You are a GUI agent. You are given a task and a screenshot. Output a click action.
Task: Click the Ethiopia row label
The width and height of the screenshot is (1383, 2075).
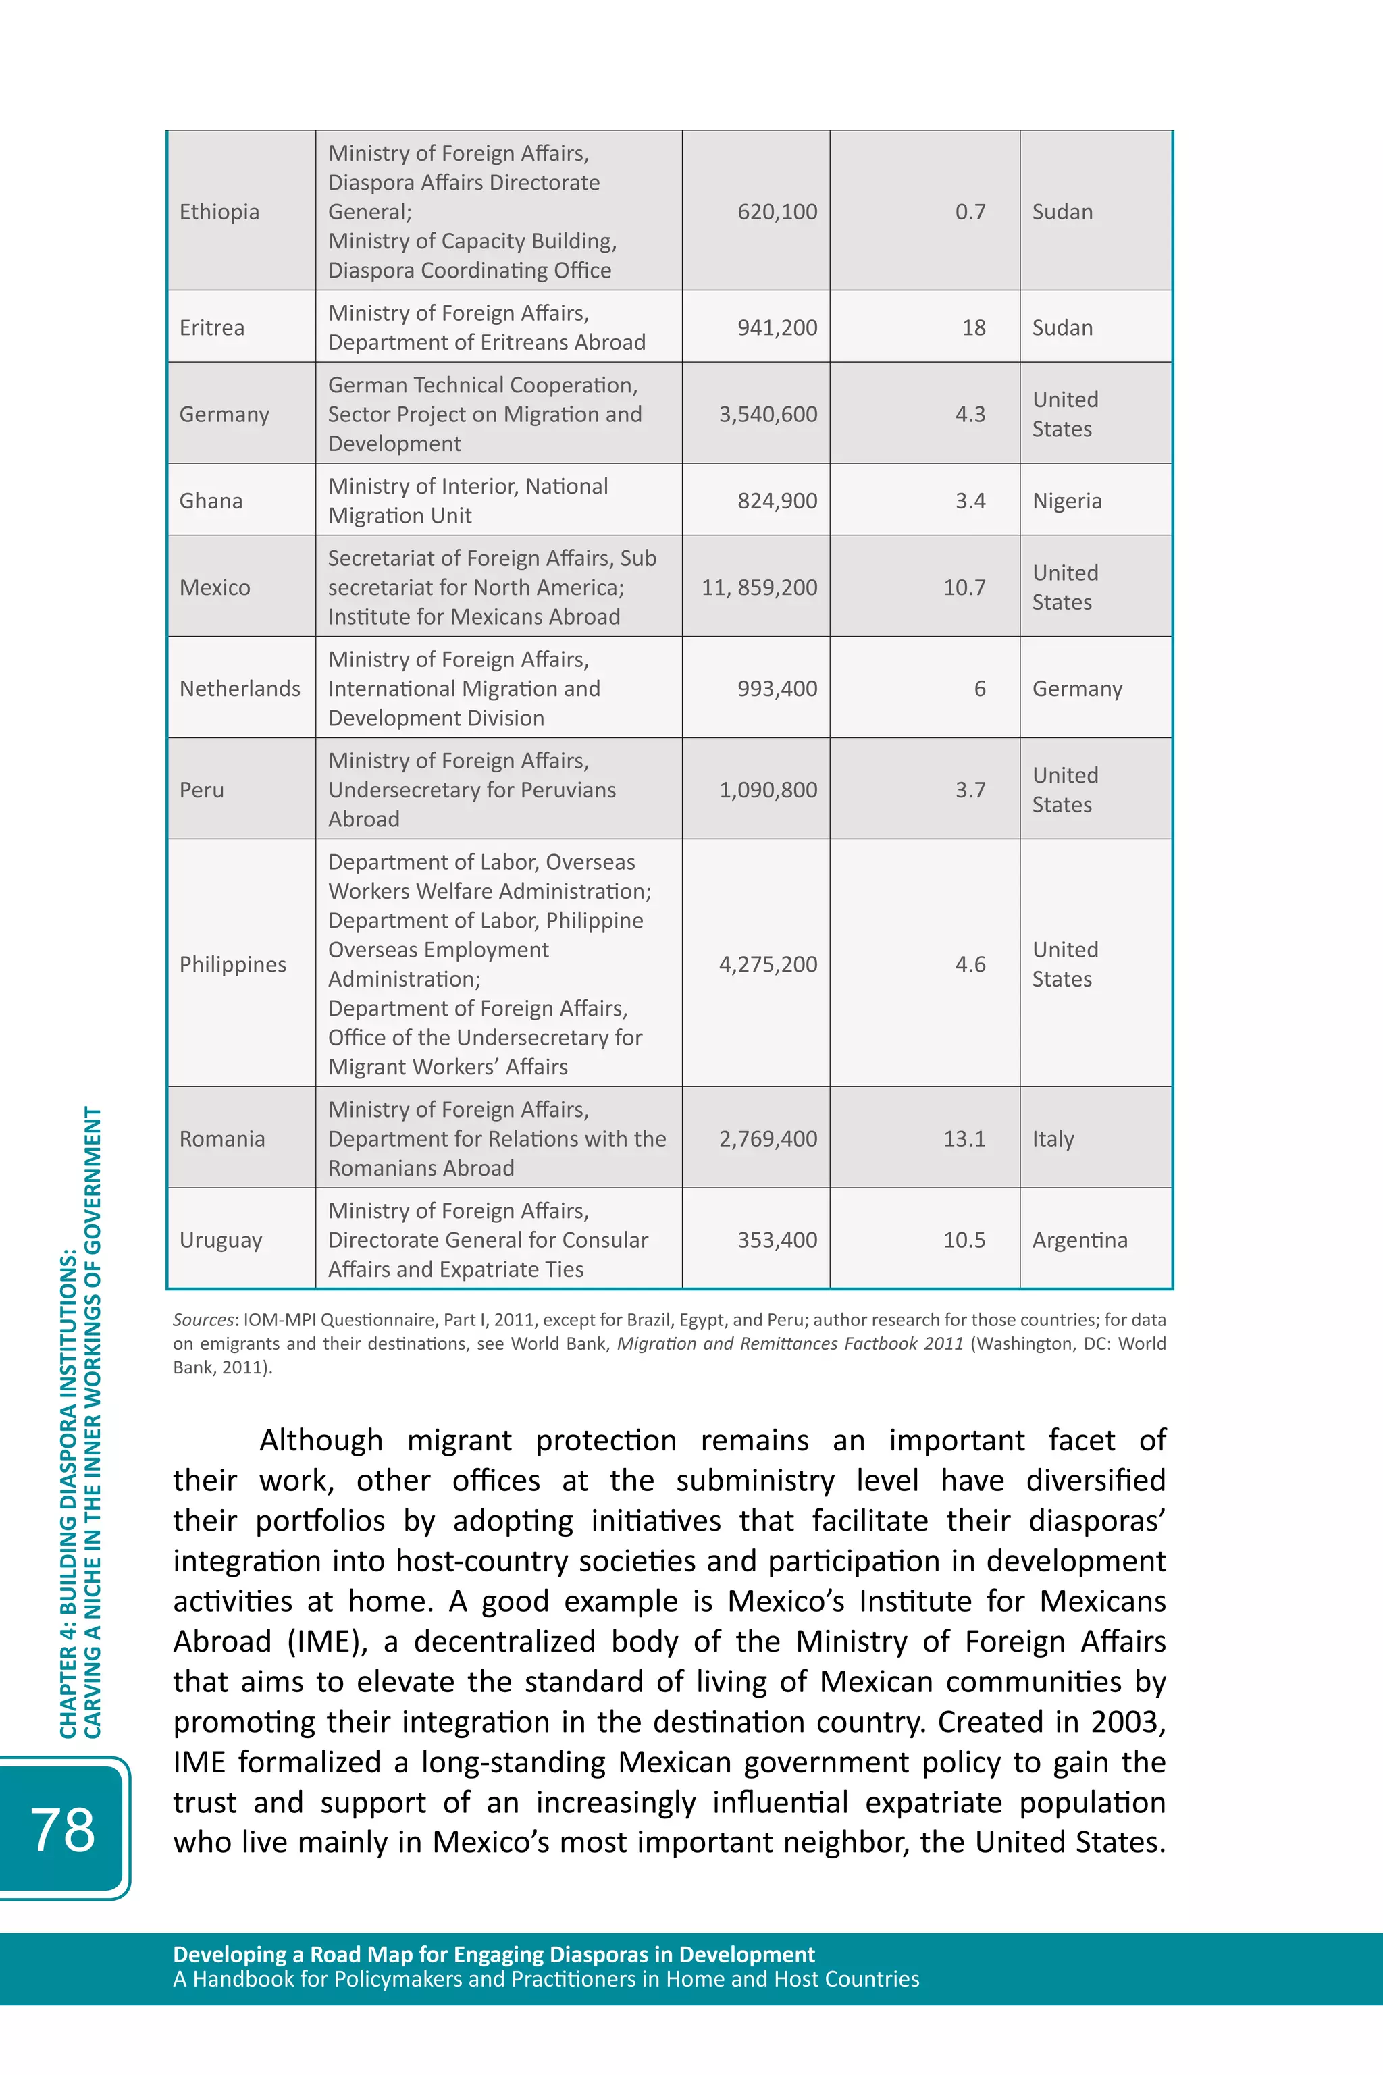[219, 211]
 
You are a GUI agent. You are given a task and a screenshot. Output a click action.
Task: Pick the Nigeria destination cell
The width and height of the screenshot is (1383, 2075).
[1066, 501]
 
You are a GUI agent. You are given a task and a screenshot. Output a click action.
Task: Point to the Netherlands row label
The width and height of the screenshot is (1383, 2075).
[239, 689]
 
